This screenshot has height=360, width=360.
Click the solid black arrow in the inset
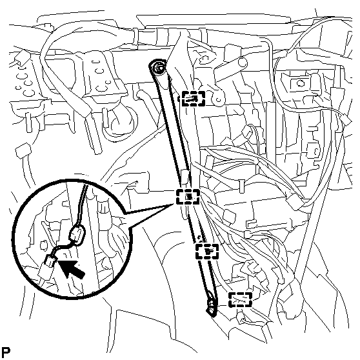[70, 268]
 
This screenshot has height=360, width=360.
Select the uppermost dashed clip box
[193, 99]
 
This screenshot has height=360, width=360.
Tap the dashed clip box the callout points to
[188, 197]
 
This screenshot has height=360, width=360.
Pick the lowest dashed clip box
[240, 299]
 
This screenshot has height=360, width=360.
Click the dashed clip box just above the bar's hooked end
[207, 252]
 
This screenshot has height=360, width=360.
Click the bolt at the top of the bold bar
[158, 68]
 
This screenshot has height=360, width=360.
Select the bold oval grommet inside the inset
[77, 235]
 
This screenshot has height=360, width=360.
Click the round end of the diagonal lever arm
[242, 62]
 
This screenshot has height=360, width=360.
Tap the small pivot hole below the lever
[219, 100]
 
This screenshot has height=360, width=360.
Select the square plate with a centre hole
[299, 83]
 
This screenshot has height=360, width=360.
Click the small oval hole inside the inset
[42, 245]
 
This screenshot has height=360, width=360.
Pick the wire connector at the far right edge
[346, 120]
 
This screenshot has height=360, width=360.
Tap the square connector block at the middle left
[23, 150]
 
